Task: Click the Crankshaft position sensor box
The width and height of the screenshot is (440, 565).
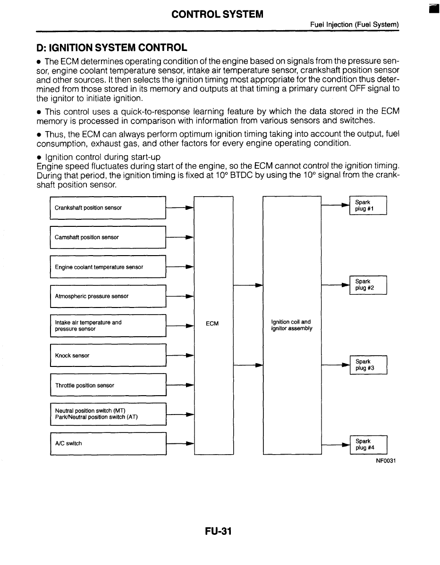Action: [108, 208]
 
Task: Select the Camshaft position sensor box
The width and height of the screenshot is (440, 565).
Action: [108, 237]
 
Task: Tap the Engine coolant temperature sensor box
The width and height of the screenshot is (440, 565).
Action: [108, 267]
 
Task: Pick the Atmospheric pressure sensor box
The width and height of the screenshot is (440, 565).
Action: [108, 296]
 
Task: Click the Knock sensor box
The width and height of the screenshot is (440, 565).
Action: [108, 356]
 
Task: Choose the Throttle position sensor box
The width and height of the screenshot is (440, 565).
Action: [108, 385]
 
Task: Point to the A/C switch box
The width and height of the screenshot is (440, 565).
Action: [108, 443]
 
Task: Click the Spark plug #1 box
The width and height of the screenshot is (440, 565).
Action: [368, 206]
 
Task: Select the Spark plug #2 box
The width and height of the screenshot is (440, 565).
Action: [368, 285]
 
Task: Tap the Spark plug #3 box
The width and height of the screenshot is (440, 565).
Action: [368, 365]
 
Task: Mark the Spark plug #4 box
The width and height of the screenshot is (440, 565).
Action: [368, 444]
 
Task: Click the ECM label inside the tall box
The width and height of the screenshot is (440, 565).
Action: [212, 324]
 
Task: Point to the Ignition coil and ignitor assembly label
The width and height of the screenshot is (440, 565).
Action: [291, 325]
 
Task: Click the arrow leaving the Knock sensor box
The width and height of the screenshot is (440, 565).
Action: [180, 356]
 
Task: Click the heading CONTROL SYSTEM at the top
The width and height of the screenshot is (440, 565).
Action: [217, 14]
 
